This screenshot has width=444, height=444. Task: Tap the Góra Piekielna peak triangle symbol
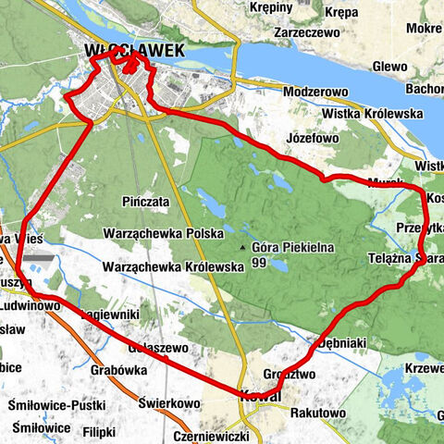click(x=243, y=249)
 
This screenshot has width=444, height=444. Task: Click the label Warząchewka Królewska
click(x=173, y=266)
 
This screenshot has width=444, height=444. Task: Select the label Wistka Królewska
click(x=373, y=114)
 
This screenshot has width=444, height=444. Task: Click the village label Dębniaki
click(x=341, y=343)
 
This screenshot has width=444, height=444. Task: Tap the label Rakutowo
click(x=317, y=413)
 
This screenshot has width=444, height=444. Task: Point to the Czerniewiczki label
click(x=211, y=435)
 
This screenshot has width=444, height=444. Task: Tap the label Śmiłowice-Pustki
click(x=56, y=404)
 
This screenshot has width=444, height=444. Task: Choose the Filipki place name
click(x=97, y=431)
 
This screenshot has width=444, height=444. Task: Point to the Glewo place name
click(x=390, y=67)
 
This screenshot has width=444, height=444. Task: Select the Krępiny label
click(x=270, y=6)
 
